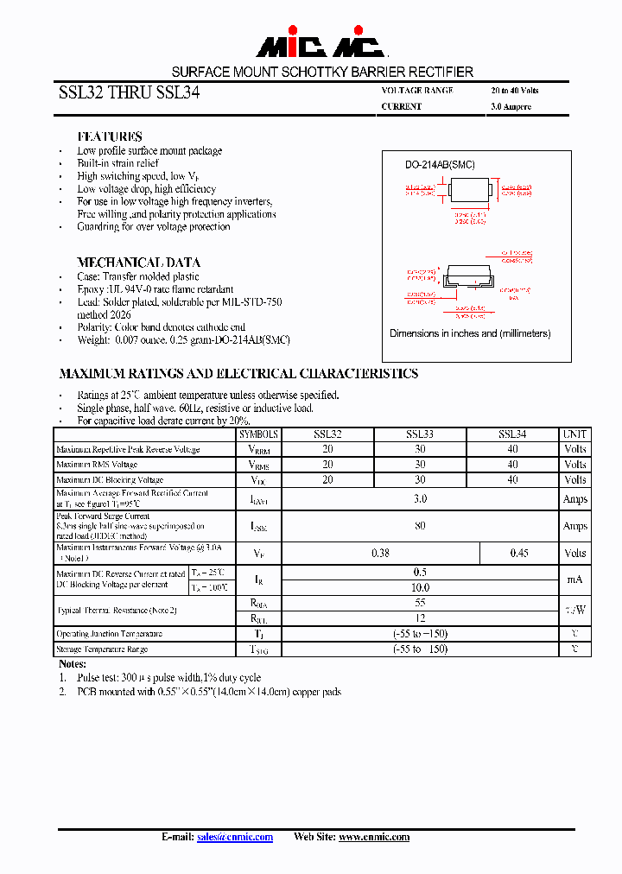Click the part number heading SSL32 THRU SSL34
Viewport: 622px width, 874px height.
coord(129,94)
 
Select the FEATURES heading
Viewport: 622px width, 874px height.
coord(110,136)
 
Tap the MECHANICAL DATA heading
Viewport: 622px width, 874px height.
coord(138,262)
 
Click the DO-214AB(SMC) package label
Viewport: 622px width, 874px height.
coord(440,165)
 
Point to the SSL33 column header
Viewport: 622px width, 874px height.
coord(419,434)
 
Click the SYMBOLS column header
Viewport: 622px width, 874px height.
coord(259,434)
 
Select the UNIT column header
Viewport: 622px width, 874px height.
coord(574,434)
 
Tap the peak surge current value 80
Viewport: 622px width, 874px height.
coord(420,525)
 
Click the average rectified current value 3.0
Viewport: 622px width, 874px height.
coord(420,498)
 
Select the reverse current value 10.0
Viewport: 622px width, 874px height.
coord(420,587)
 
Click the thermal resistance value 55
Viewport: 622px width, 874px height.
coord(420,603)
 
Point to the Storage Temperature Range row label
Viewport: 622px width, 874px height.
coord(102,649)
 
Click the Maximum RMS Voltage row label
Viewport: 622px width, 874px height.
coord(97,465)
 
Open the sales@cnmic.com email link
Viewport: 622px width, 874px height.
coord(235,837)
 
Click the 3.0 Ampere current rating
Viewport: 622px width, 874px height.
coord(511,107)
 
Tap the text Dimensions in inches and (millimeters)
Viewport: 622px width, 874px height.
coord(470,333)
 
